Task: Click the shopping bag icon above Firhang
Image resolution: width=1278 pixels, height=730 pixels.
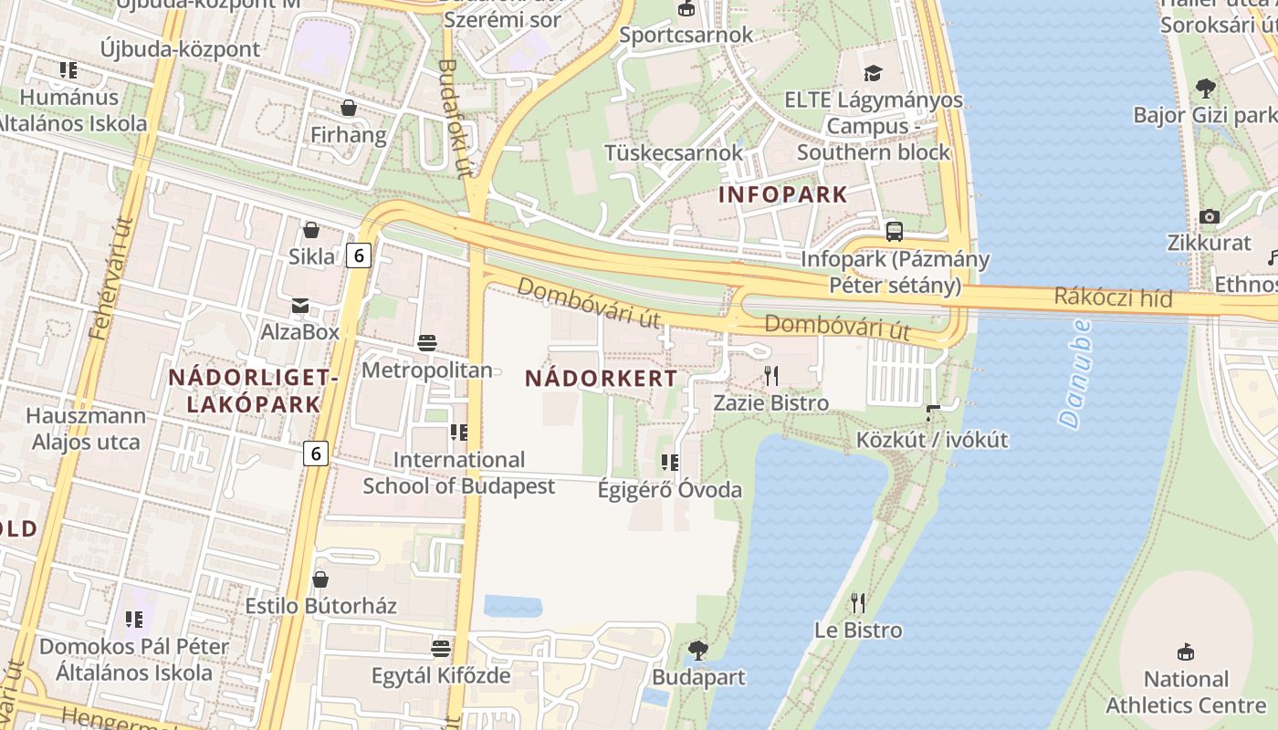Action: tap(348, 108)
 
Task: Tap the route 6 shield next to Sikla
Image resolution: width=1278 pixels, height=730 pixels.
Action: tap(359, 255)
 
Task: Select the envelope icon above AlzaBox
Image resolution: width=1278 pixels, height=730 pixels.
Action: tap(300, 305)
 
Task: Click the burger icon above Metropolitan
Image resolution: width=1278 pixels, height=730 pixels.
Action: tap(426, 343)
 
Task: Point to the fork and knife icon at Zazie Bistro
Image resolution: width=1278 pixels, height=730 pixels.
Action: tap(771, 375)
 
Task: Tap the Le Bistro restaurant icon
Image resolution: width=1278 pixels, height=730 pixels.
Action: tap(857, 602)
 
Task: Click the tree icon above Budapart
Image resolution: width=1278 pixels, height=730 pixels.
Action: tap(698, 650)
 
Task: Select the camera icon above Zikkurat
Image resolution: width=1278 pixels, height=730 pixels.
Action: tap(1210, 216)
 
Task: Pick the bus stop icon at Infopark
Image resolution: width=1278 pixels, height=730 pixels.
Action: tap(894, 232)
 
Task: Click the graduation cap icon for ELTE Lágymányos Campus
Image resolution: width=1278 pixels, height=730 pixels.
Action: tap(874, 73)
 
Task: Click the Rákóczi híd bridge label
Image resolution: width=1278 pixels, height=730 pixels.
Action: tap(1113, 297)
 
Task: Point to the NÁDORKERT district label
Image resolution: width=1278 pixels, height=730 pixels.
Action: tap(602, 378)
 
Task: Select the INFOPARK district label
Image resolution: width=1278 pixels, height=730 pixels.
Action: tap(783, 194)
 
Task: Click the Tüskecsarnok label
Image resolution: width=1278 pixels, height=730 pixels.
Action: tap(675, 152)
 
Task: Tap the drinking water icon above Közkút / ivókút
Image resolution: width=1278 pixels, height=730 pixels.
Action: tap(932, 412)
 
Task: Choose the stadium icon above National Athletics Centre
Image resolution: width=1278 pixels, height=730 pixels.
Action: tap(1186, 652)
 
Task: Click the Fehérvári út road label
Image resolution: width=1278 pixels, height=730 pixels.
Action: tap(112, 278)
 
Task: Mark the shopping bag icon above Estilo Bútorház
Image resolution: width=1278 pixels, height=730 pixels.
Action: tap(320, 579)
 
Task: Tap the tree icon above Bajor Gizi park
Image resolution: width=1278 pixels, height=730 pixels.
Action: tap(1205, 89)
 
